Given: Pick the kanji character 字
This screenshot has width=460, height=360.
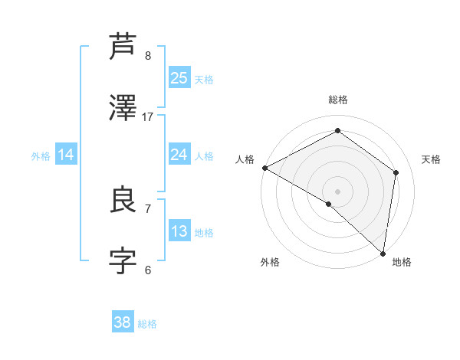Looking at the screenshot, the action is [123, 261].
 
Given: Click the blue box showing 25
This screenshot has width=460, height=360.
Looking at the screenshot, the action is [179, 77].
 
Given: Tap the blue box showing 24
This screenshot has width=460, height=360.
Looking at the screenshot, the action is [179, 155].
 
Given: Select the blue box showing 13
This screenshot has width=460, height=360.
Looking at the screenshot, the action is [179, 231].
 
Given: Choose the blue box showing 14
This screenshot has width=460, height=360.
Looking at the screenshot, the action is [66, 155].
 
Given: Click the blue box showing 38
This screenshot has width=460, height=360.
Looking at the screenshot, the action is [123, 322].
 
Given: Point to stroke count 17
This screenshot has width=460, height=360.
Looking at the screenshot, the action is [148, 117].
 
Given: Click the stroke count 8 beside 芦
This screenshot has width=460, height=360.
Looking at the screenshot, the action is [148, 55].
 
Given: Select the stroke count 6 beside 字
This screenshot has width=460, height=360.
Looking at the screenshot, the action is [148, 270].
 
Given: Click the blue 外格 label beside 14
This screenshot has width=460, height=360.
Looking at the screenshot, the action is [41, 155].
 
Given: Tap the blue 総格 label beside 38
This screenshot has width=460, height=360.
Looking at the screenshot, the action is [147, 324].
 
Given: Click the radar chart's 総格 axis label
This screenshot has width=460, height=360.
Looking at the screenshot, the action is [338, 100].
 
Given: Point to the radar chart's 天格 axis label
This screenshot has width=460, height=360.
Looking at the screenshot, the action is [431, 159].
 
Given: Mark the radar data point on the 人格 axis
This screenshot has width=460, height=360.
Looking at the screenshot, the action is [264, 168].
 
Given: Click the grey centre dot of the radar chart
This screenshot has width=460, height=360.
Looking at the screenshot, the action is [338, 191].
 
